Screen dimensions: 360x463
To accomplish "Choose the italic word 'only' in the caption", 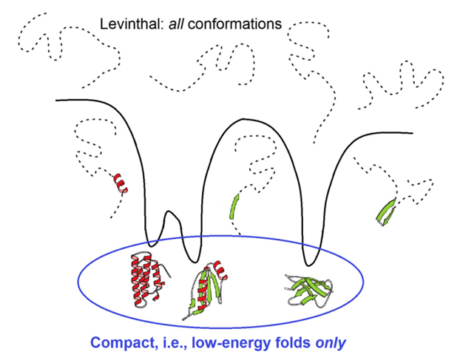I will coord(330,343).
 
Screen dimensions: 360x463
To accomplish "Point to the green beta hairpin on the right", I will coord(385,211).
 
